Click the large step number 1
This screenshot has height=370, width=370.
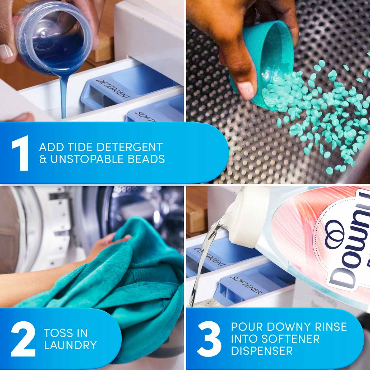click(x=21, y=153)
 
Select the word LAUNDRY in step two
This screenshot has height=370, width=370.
click(x=71, y=345)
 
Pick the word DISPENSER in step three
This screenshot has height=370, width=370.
click(x=262, y=351)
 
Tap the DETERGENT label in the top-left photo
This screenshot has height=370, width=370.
click(x=113, y=89)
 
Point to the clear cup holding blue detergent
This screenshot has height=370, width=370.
click(x=53, y=34)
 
